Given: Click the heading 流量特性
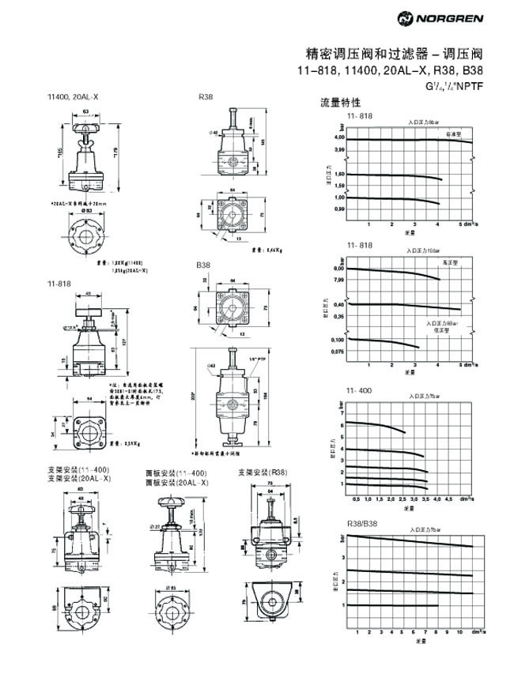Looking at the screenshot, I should click(340, 103).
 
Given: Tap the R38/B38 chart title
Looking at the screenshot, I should click(361, 524).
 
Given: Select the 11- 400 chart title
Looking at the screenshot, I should click(359, 390).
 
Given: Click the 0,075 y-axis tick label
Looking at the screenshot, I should click(337, 351).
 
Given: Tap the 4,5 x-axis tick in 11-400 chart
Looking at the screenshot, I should click(449, 499).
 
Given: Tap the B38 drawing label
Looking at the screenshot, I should click(205, 265).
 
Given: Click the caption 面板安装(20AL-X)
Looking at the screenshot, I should click(176, 482).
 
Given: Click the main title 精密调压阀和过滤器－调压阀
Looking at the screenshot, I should click(393, 55).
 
